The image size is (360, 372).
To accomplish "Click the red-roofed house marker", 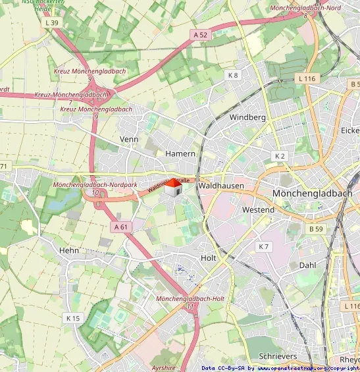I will [172, 188].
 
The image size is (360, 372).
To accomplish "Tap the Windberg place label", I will [247, 117].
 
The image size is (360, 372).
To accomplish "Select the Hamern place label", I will [180, 153].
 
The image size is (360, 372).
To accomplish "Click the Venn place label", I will [128, 140].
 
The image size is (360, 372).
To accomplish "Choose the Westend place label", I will [258, 209].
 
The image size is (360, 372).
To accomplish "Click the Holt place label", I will [208, 258].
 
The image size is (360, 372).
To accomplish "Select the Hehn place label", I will [69, 250].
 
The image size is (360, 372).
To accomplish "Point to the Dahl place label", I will [307, 265].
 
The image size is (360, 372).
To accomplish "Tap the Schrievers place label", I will [278, 356].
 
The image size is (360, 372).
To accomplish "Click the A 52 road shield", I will [201, 34].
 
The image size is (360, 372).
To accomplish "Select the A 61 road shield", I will [120, 226].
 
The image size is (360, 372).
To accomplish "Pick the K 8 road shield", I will [233, 75].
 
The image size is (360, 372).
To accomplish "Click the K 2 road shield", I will [280, 156].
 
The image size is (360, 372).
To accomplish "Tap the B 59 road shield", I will [316, 229].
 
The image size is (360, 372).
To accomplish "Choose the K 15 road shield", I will [72, 318].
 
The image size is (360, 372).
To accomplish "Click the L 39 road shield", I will [51, 22].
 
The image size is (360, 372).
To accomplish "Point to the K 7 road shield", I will [264, 246].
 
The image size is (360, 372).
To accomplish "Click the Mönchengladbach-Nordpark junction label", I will [95, 185].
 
